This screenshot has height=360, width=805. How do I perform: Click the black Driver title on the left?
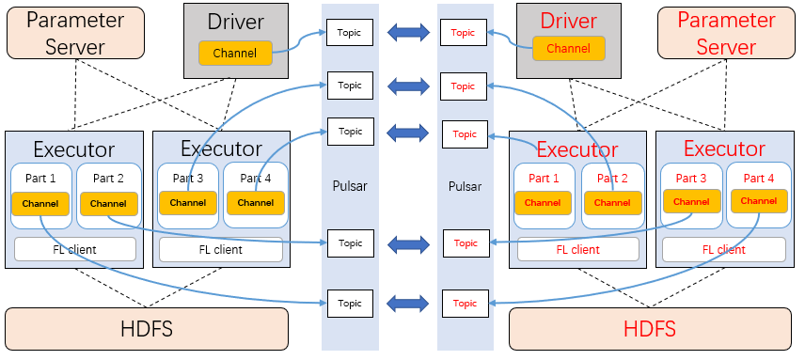click(x=235, y=21)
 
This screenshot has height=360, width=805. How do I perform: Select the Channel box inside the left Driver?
click(x=235, y=53)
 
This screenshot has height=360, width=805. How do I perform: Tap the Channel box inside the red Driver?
click(x=569, y=48)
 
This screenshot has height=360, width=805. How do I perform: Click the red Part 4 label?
click(x=759, y=178)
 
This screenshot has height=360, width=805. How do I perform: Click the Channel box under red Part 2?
click(x=612, y=202)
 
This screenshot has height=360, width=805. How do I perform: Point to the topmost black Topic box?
click(x=350, y=33)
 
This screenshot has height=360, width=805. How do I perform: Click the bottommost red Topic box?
click(x=465, y=303)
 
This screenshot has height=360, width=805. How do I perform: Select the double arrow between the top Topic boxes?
click(x=407, y=33)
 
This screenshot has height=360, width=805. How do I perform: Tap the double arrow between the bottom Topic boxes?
click(x=407, y=303)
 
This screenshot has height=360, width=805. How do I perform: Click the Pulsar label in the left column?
click(x=350, y=186)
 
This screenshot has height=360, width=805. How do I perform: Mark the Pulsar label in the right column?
click(x=465, y=186)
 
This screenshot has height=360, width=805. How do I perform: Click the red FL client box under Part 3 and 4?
click(x=723, y=249)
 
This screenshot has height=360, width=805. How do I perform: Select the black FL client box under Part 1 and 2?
click(x=75, y=249)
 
